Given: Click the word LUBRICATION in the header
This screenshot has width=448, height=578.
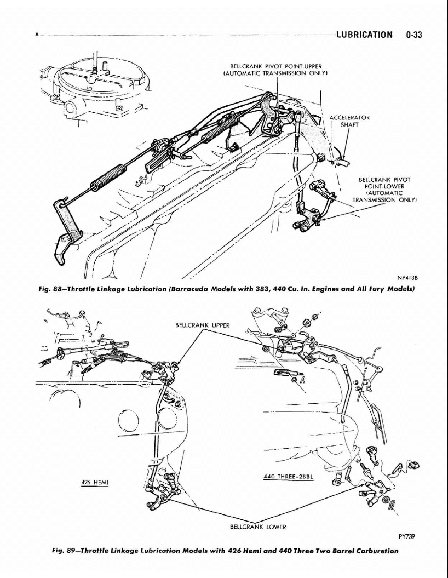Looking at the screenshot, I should [x=365, y=35].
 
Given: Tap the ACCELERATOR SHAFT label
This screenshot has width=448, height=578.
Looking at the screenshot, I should [x=349, y=121].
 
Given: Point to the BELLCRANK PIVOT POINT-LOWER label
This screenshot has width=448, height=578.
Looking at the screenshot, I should [x=384, y=190].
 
